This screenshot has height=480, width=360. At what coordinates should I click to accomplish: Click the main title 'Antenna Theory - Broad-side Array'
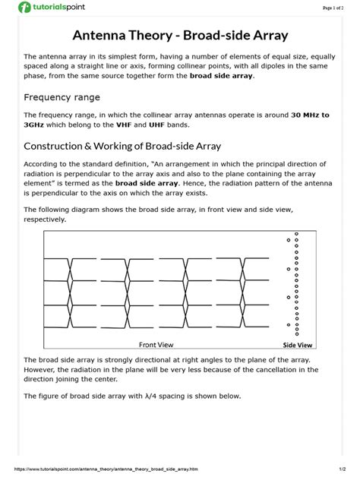coord(179,35)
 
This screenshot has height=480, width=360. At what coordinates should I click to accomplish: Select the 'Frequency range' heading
coord(62,97)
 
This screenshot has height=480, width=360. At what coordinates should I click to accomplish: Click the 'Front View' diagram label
coord(156,344)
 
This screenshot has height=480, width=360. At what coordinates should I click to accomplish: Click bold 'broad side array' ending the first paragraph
coord(223,76)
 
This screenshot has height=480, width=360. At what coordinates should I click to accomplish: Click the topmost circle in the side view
coord(296,234)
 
